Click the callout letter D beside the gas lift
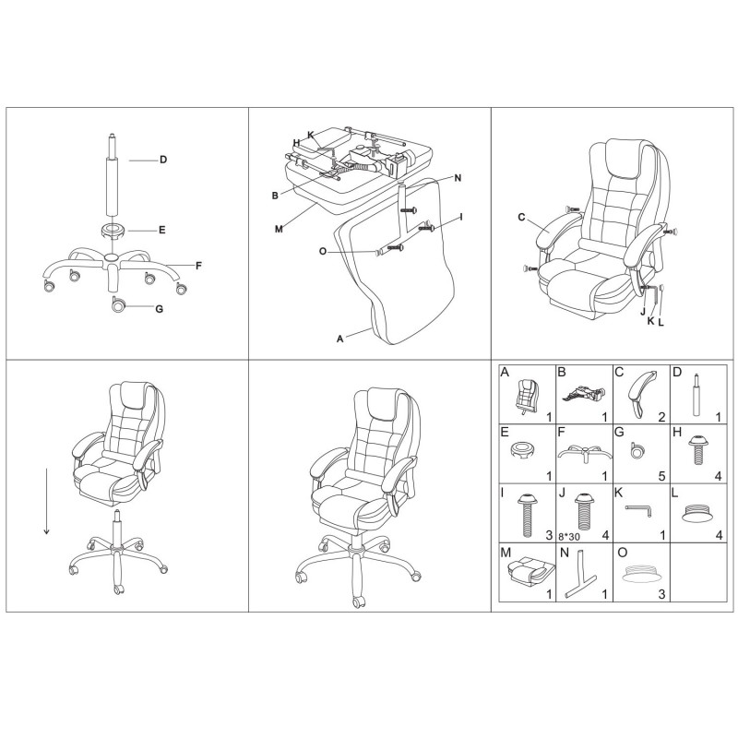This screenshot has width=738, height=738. click(x=162, y=160)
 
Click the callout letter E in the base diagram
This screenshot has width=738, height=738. click(x=162, y=230)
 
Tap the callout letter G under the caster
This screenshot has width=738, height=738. click(x=159, y=308)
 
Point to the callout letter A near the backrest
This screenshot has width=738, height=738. click(x=340, y=339)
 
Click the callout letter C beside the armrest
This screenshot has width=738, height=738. click(x=521, y=218)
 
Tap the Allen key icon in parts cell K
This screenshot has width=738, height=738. click(x=639, y=509)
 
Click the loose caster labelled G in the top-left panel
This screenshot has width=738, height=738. click(x=118, y=305)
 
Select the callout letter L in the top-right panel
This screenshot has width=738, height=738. click(x=661, y=322)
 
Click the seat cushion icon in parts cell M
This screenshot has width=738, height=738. click(x=526, y=574)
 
